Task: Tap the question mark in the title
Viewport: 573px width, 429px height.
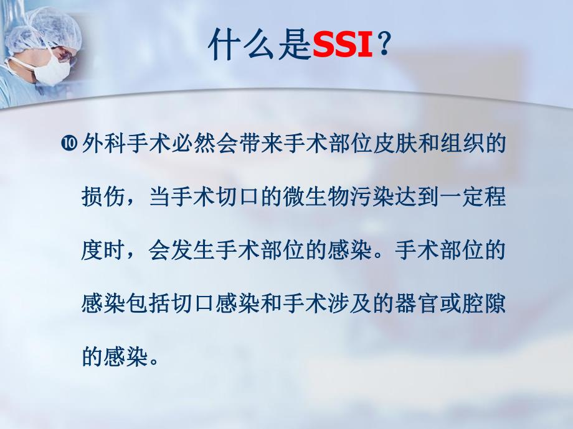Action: (385, 46)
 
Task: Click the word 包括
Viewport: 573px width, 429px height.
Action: (153, 305)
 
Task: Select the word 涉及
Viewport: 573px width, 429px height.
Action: (364, 305)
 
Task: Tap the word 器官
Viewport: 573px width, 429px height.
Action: (435, 305)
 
